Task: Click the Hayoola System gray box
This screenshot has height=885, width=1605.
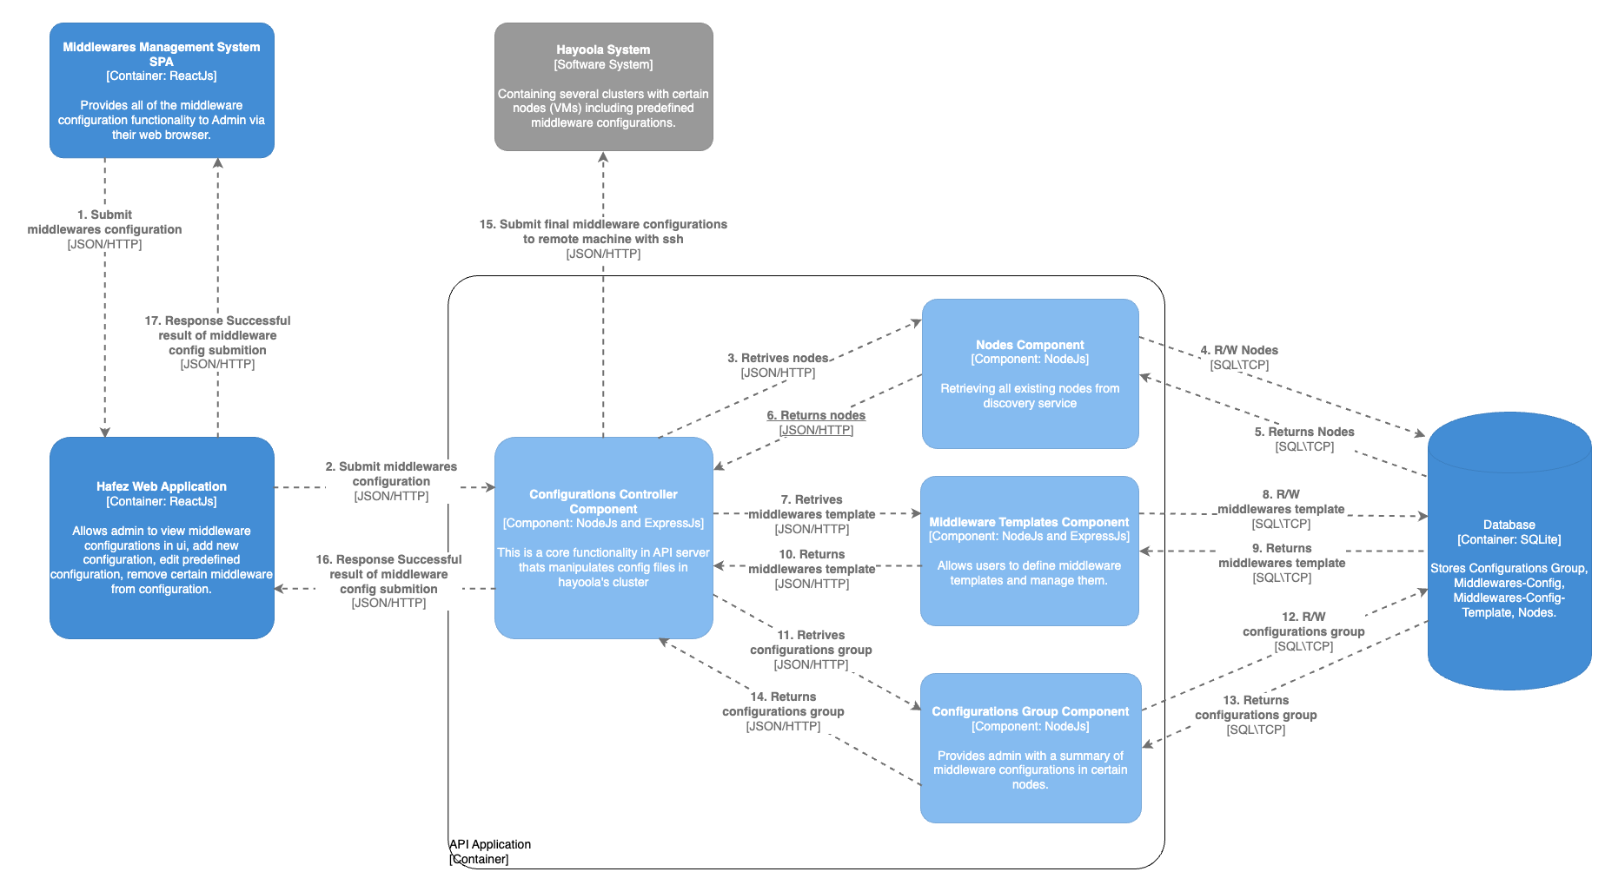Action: (x=603, y=86)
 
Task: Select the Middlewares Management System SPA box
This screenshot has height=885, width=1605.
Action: (x=162, y=90)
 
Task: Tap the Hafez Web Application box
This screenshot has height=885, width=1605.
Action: (x=162, y=538)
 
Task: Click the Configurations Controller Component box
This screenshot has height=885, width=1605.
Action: (x=603, y=538)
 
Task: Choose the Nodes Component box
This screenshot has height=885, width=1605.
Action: (x=1030, y=373)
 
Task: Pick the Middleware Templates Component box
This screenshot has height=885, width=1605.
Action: (x=1029, y=551)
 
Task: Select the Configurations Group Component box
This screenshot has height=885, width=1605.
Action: (x=1030, y=747)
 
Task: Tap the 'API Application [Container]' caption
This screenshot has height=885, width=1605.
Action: (x=489, y=851)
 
